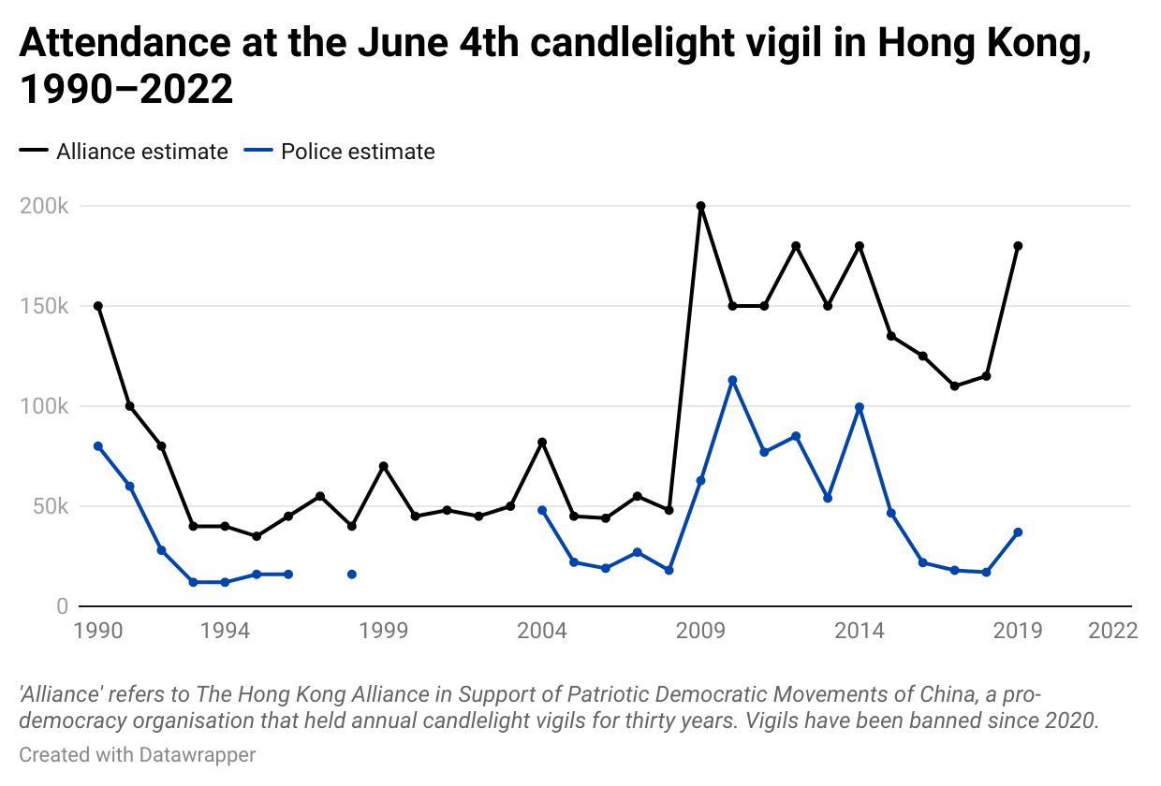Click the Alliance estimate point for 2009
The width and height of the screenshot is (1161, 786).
[700, 206]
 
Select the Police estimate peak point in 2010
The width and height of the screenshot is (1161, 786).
[732, 380]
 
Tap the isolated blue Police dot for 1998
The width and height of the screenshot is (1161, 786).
[352, 574]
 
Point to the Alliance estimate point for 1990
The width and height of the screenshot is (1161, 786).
[98, 306]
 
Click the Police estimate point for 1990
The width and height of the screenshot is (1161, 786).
[98, 446]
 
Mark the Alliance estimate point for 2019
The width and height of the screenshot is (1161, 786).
[1018, 246]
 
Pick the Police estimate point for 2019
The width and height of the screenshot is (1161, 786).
[1018, 532]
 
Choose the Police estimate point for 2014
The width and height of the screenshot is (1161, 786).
[860, 407]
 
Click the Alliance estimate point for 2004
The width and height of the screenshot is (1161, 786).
[542, 442]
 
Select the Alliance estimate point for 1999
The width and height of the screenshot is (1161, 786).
[384, 466]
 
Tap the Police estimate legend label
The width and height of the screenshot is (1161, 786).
[358, 152]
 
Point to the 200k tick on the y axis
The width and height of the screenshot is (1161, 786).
[44, 206]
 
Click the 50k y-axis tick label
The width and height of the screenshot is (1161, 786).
[49, 506]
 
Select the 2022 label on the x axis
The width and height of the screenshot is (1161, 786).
[1113, 631]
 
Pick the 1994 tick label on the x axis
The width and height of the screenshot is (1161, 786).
[225, 631]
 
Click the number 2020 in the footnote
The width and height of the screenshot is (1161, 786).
[1071, 721]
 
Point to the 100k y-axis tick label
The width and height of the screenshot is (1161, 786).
[44, 406]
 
